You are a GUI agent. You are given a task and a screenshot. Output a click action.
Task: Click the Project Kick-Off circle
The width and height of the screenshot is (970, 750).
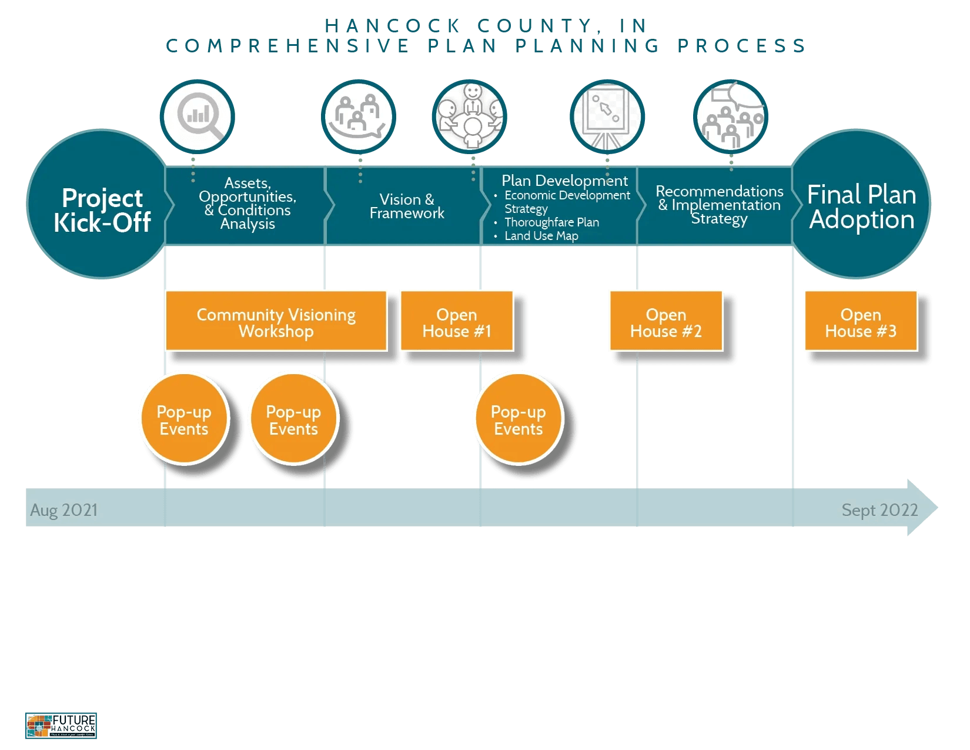click(x=102, y=204)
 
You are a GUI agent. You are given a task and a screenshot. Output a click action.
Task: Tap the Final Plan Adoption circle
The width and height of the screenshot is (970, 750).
click(x=861, y=204)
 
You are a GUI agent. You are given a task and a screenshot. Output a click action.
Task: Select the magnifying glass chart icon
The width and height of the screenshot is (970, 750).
click(x=197, y=116)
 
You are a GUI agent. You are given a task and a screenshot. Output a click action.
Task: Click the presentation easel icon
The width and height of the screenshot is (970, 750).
click(x=607, y=116)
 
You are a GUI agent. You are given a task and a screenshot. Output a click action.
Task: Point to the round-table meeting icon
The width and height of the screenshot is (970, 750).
click(x=469, y=116)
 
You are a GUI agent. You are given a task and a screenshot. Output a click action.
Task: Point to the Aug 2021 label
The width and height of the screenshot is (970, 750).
click(x=64, y=510)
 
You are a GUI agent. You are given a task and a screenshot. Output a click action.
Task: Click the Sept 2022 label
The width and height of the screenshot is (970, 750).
click(x=879, y=510)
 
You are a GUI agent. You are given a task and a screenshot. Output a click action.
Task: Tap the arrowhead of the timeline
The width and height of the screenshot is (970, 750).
click(x=921, y=508)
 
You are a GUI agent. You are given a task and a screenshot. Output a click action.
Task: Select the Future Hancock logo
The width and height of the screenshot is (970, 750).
click(x=61, y=725)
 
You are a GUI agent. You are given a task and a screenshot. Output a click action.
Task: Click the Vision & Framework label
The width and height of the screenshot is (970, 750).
click(x=407, y=206)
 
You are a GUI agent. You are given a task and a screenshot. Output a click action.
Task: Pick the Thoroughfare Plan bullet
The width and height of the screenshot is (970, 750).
click(x=551, y=222)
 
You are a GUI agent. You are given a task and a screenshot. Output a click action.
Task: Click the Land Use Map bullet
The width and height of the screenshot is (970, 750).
click(x=541, y=236)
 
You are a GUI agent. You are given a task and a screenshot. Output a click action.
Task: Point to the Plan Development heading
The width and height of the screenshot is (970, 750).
click(x=564, y=181)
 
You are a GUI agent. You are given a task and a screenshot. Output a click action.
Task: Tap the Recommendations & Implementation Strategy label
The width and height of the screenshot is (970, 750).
click(x=719, y=205)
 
